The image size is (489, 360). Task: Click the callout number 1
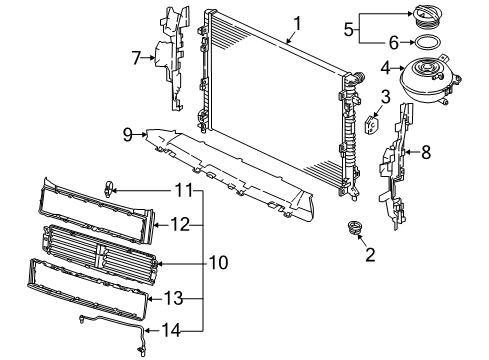(297, 24)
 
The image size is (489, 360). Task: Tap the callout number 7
(136, 58)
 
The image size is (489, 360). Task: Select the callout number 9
(127, 135)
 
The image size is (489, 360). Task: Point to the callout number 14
(171, 330)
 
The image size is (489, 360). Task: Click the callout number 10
(219, 262)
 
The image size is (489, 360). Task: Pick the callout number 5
(348, 29)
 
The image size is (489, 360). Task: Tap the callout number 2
(370, 255)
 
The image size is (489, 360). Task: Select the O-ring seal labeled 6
(428, 42)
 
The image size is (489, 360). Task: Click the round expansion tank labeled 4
(430, 79)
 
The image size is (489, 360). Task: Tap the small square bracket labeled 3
(373, 125)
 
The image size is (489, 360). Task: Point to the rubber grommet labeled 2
(355, 228)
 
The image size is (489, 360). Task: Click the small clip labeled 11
(108, 189)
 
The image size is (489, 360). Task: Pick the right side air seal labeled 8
(396, 167)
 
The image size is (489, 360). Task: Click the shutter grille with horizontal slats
(99, 254)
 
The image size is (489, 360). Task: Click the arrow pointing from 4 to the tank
(397, 68)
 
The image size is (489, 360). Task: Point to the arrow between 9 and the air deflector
(140, 135)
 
